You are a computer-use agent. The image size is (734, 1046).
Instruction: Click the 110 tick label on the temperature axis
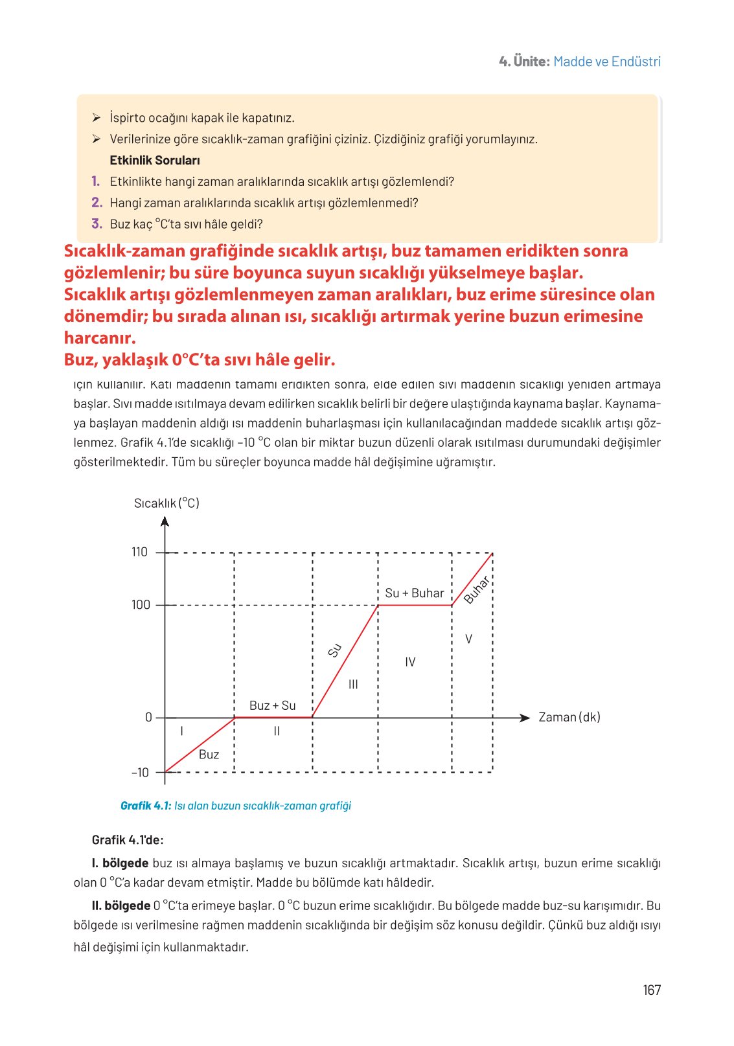coord(139,552)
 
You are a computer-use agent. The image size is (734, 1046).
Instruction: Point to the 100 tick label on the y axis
coord(141,605)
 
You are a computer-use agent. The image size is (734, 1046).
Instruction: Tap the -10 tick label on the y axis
coord(140,773)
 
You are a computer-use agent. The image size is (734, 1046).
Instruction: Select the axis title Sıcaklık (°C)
coord(166,503)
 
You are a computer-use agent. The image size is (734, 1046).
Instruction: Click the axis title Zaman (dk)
coord(569,718)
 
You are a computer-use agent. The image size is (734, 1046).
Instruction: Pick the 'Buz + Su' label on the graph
coord(272,706)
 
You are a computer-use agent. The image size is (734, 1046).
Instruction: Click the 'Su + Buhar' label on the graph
coord(414,593)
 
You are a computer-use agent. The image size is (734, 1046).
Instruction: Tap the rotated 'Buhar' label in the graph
coord(477,589)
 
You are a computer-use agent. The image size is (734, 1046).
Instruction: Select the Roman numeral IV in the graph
coord(410,662)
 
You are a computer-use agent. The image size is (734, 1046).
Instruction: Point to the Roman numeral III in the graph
coord(353,685)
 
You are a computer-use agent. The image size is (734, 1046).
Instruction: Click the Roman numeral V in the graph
coord(468,639)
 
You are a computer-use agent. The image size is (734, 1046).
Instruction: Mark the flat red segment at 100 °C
coord(415,606)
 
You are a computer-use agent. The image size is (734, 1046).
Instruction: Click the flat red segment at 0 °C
coord(273,717)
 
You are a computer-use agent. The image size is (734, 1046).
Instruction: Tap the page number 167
coord(652,990)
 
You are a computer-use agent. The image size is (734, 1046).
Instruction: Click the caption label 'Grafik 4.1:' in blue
coord(146,806)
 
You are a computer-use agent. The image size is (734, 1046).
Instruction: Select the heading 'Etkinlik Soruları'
coord(154,161)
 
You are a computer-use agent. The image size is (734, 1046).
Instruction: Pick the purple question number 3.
coord(97,224)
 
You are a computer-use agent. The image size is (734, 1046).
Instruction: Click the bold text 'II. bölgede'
coord(121,905)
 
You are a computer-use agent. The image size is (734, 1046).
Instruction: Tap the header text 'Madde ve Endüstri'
coord(607,62)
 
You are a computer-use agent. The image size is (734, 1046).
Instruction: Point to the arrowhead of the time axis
coord(525,718)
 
